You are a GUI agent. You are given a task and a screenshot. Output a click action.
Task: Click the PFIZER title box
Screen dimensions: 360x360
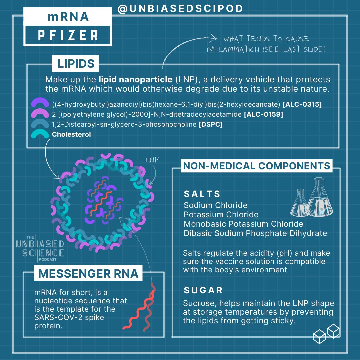pos(68,35)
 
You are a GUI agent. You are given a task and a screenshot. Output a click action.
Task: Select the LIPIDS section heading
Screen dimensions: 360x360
pos(76,64)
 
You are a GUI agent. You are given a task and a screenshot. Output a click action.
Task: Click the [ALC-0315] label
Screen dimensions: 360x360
pos(302,105)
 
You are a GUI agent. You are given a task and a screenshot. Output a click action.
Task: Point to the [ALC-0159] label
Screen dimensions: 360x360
pos(263,115)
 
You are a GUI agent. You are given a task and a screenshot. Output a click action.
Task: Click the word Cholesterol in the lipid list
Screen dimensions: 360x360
pos(71,135)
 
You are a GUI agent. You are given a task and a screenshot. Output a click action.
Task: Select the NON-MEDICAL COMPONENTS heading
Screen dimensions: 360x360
pos(256,166)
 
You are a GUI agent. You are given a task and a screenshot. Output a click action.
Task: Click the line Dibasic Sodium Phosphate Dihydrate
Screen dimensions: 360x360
pos(255,233)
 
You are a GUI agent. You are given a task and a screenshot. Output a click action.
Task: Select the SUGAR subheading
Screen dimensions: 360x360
pos(203,290)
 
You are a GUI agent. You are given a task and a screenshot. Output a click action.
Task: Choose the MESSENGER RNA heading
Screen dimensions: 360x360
pos(88,274)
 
